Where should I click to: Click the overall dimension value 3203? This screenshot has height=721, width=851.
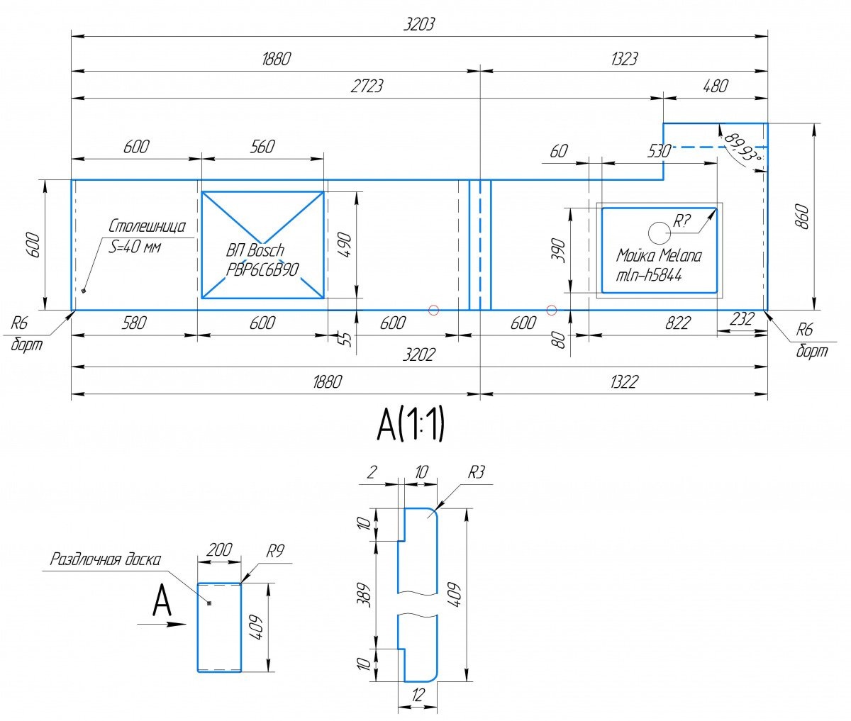click(418, 25)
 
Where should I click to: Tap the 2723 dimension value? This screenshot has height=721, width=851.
click(367, 86)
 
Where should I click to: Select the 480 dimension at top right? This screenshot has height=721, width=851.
click(716, 86)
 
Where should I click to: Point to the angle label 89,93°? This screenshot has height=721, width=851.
click(742, 147)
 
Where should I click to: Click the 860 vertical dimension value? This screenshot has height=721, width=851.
click(802, 216)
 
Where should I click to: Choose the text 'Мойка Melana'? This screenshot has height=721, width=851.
click(659, 255)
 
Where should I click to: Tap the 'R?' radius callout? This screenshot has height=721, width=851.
click(682, 221)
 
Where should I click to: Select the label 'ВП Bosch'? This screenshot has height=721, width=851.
click(255, 250)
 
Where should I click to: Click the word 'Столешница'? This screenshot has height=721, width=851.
click(147, 226)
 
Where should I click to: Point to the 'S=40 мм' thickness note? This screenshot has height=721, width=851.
click(135, 247)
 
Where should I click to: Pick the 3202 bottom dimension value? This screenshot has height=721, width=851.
click(418, 354)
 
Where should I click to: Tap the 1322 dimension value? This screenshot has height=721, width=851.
click(624, 382)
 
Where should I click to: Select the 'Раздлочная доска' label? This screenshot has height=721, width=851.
click(106, 559)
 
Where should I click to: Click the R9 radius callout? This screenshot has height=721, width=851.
click(275, 551)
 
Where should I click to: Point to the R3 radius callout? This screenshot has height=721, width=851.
click(476, 472)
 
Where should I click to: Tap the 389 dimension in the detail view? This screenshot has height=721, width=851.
click(364, 595)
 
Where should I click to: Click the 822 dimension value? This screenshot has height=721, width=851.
click(678, 323)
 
